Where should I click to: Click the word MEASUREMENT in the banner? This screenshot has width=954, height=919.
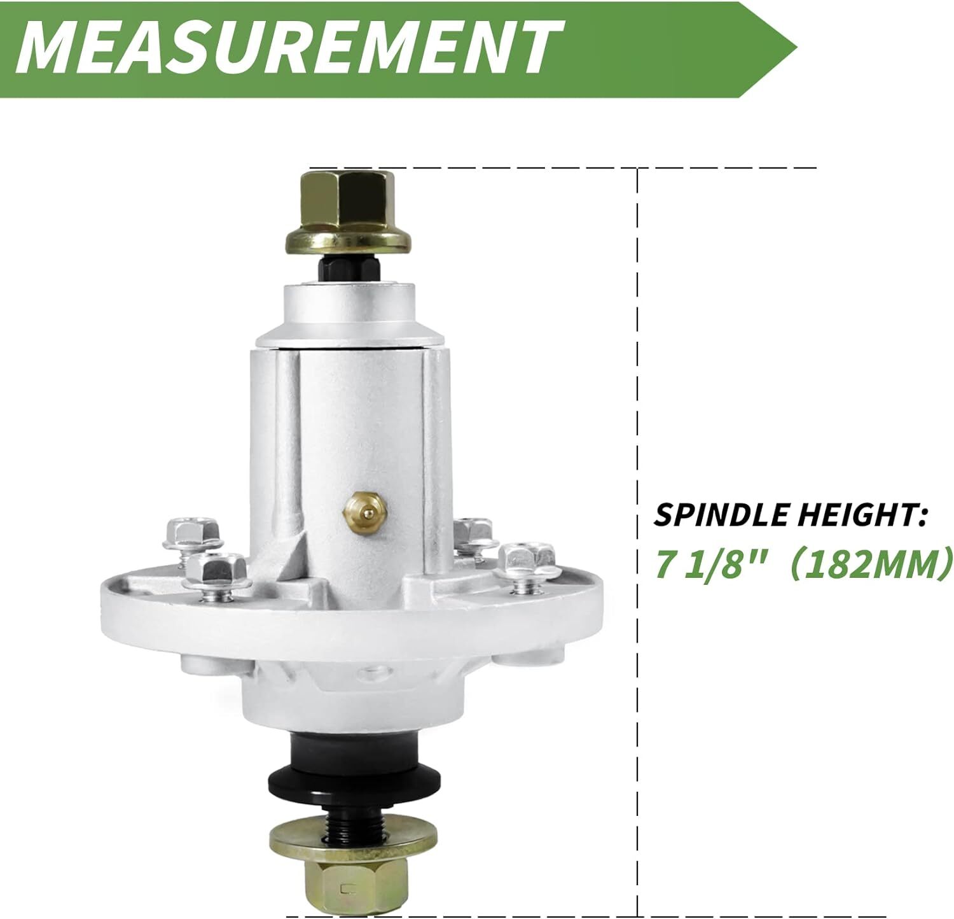pos(288,48)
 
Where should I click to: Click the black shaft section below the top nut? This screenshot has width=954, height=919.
pos(347,268)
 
